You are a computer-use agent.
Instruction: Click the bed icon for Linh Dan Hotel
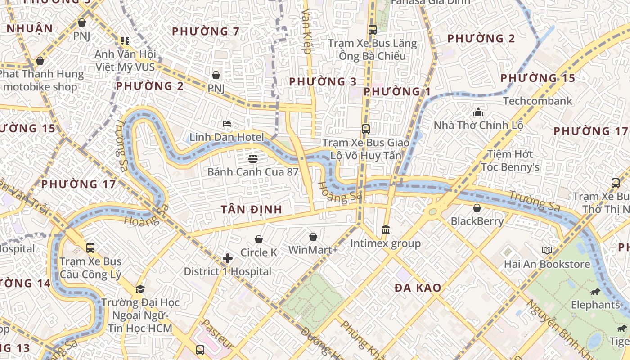pyautogui.click(x=227, y=124)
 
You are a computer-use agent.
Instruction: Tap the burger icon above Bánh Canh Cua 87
pyautogui.click(x=252, y=158)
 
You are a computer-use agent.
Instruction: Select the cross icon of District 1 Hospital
pyautogui.click(x=228, y=258)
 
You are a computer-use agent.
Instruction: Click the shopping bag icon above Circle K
pyautogui.click(x=259, y=239)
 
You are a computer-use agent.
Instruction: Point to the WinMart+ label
pyautogui.click(x=313, y=250)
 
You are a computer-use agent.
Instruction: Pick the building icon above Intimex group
pyautogui.click(x=386, y=230)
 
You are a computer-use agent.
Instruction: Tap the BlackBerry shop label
pyautogui.click(x=477, y=221)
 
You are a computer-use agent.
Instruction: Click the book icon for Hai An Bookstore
pyautogui.click(x=547, y=251)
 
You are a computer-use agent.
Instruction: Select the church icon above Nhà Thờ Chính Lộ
pyautogui.click(x=478, y=112)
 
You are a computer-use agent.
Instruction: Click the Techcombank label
pyautogui.click(x=537, y=101)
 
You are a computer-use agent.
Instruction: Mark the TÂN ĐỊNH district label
pyautogui.click(x=252, y=209)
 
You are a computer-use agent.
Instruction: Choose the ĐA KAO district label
pyautogui.click(x=418, y=288)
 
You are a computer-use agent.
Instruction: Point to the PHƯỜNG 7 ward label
pyautogui.click(x=206, y=31)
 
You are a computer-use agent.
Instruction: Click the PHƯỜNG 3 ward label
pyautogui.click(x=323, y=82)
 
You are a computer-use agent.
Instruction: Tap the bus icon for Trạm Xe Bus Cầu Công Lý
pyautogui.click(x=90, y=247)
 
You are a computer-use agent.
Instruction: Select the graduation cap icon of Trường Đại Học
pyautogui.click(x=140, y=289)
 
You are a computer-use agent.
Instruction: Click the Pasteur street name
pyautogui.click(x=216, y=334)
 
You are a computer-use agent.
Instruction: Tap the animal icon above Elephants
pyautogui.click(x=595, y=292)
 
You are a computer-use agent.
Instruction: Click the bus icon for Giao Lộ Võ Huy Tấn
pyautogui.click(x=366, y=129)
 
